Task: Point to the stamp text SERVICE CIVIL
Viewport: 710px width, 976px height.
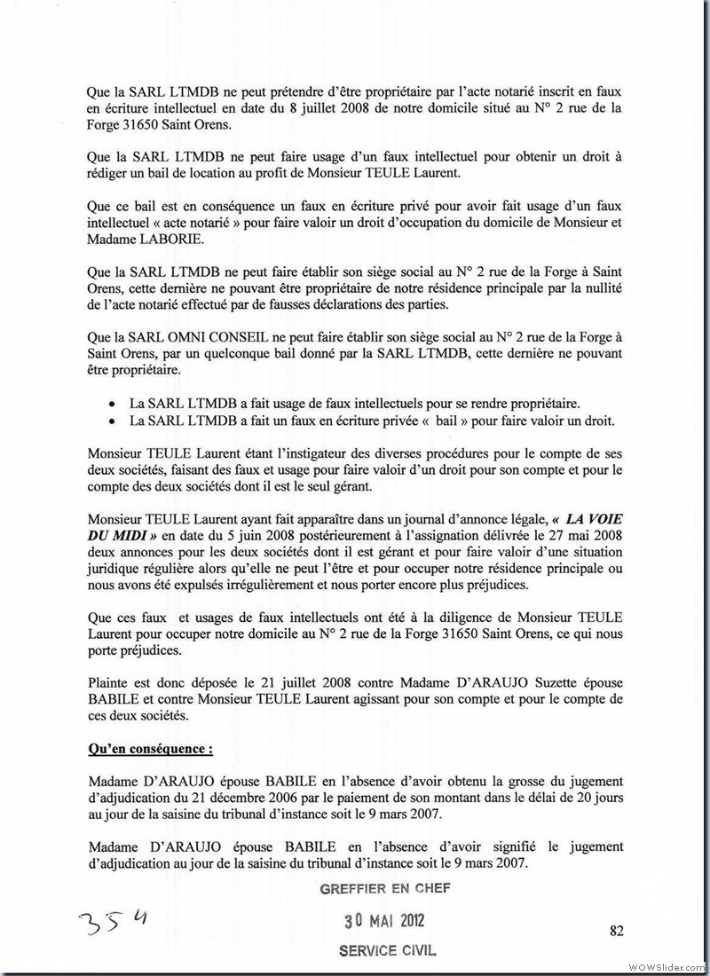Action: point(387,949)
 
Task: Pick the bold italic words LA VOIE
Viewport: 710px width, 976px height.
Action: point(591,517)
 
